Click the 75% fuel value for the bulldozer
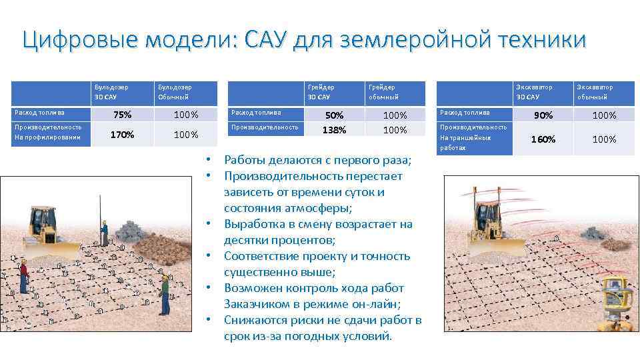122,115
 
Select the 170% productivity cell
122,135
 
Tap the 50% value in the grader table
334,115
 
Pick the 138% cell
334,130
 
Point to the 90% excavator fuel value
543,115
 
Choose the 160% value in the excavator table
543,139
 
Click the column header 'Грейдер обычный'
383,92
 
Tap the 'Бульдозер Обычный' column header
174,92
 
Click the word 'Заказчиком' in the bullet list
256,304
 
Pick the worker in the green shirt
165,292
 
